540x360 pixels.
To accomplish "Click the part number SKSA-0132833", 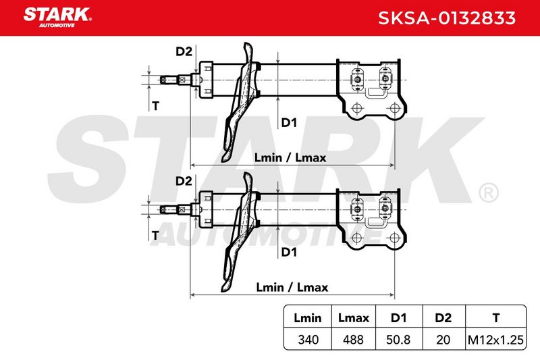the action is click(447, 18).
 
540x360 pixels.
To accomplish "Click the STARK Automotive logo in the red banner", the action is click(57, 18).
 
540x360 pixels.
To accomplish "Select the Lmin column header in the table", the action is click(308, 317).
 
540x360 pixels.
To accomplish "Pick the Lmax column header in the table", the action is click(353, 317).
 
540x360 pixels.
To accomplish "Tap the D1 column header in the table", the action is click(398, 317).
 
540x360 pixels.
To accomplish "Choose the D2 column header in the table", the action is click(443, 317).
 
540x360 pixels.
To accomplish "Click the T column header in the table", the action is click(496, 317).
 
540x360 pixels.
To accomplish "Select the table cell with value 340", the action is click(308, 340).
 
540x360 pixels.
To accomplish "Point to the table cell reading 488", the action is click(353, 340).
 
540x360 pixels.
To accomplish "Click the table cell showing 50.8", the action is click(398, 340).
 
